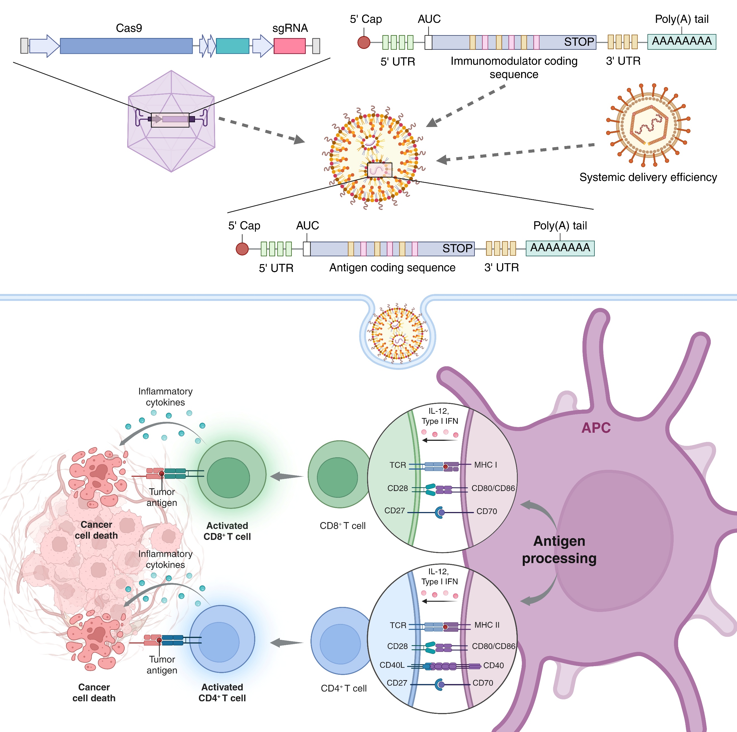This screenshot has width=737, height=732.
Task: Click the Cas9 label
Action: [x=129, y=28]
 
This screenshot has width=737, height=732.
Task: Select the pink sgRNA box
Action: [x=289, y=46]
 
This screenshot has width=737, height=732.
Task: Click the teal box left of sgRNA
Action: [x=232, y=46]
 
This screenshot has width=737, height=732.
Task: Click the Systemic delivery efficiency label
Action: [x=648, y=177]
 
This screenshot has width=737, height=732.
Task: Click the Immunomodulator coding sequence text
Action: [x=514, y=67]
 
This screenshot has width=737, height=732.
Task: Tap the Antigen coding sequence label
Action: [x=392, y=268]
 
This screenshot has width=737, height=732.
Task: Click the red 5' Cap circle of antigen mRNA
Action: [x=242, y=249]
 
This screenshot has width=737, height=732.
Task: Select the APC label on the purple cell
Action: [x=596, y=428]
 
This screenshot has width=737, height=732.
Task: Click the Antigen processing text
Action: [x=559, y=549]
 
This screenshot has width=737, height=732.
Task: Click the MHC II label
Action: [x=487, y=625]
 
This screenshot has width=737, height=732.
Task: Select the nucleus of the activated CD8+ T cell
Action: [x=228, y=477]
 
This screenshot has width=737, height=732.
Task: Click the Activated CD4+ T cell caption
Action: [x=222, y=692]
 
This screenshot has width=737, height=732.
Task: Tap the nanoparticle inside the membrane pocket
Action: [x=398, y=331]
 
